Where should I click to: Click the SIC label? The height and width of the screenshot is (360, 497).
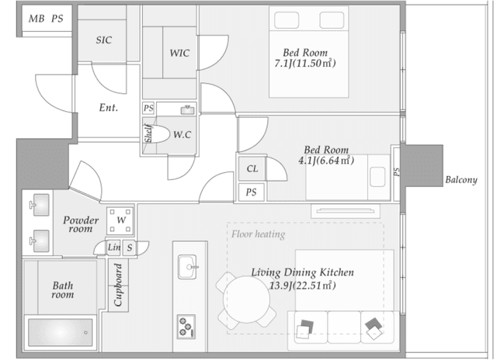coord(104,40)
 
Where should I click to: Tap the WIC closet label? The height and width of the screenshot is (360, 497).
coord(179,53)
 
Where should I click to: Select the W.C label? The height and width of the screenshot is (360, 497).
coord(182,134)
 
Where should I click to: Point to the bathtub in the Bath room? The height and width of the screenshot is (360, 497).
coord(61,332)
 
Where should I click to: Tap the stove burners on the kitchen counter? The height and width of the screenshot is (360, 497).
coord(186,327)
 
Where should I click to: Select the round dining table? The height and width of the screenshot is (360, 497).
coord(247,299)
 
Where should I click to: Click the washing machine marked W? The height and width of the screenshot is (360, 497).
coord(120,220)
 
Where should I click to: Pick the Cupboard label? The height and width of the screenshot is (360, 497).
coord(118,285)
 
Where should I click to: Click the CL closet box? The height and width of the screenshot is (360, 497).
coord(252,168)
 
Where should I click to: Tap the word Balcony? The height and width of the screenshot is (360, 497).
coord(461,180)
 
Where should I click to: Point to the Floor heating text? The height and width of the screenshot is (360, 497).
coord(259,234)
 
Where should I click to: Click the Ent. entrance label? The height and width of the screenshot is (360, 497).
coord(109,107)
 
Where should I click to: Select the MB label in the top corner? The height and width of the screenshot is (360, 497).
coord(36,19)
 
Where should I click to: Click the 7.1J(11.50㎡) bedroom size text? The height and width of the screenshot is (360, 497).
coord(305,64)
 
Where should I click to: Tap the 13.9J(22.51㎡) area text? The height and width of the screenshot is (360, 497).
coord(302,286)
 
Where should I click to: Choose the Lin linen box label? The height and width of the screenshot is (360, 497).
coord(114,247)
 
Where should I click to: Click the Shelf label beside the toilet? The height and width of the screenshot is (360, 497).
coord(148,133)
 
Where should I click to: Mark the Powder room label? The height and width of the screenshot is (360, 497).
coord(81,224)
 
